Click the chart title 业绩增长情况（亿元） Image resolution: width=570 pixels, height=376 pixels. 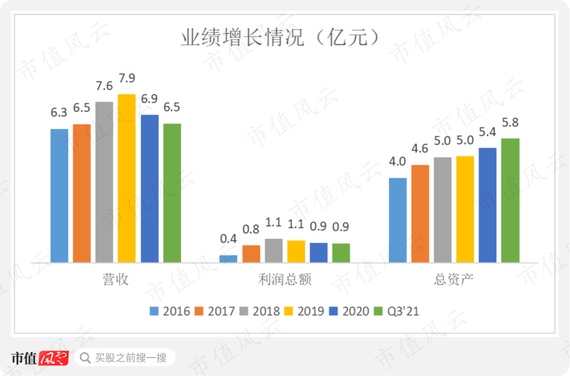click(x=279, y=38)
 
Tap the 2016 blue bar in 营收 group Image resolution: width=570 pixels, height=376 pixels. click(x=60, y=195)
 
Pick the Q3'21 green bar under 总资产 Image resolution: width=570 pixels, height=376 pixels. click(x=510, y=200)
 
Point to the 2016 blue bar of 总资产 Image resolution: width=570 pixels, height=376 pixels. click(x=398, y=220)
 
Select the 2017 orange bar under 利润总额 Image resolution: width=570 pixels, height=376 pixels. click(x=251, y=254)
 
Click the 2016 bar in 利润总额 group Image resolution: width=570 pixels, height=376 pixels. click(x=229, y=259)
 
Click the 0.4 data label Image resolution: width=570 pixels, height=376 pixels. click(x=229, y=240)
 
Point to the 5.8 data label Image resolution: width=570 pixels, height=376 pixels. click(x=510, y=123)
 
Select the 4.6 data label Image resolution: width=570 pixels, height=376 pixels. click(x=420, y=149)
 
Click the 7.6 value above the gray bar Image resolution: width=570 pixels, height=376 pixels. click(x=105, y=86)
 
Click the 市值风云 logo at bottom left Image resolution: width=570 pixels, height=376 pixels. click(x=40, y=358)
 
